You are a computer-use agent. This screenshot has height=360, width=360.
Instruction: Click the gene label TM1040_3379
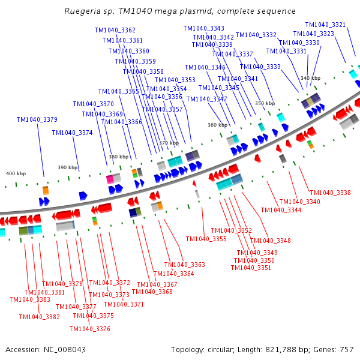[37, 119]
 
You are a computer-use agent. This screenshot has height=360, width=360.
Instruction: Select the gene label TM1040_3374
[72, 133]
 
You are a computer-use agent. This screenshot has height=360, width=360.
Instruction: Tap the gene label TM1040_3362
[115, 30]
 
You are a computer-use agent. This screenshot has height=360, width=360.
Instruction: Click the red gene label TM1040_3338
[330, 193]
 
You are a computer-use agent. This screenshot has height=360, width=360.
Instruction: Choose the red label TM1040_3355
[206, 239]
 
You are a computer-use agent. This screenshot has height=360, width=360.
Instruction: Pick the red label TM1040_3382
[40, 317]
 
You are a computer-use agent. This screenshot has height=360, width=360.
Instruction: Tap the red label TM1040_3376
[90, 328]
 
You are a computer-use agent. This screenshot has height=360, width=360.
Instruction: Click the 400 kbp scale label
[16, 173]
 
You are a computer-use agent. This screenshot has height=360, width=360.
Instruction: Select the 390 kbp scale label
[68, 167]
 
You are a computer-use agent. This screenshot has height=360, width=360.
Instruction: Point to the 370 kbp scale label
[169, 143]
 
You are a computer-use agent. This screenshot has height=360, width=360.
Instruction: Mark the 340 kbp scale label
[310, 78]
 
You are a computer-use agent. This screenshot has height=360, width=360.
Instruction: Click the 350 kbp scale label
[265, 103]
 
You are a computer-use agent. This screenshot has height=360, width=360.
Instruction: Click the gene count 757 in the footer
[347, 349]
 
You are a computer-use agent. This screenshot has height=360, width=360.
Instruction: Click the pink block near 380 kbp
[110, 179]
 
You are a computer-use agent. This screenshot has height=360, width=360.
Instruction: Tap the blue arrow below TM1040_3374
[83, 196]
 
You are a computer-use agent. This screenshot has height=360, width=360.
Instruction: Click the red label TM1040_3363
[185, 265]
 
